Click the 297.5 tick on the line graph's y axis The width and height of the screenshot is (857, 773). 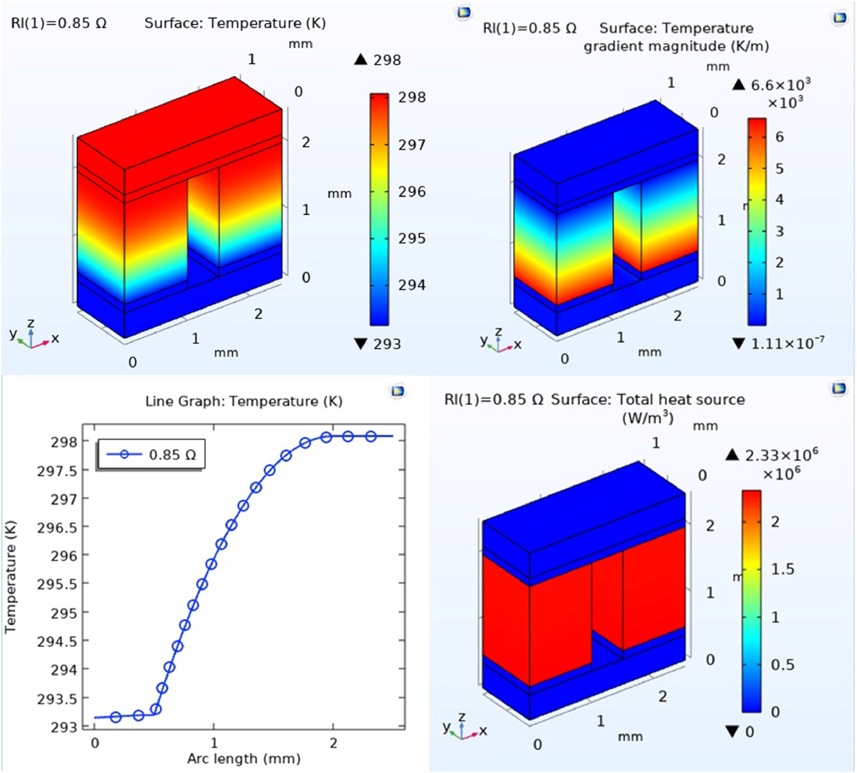pos(58,471)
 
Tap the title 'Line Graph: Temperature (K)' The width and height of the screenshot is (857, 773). pos(244,401)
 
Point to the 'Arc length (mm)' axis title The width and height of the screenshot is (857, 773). pos(244,758)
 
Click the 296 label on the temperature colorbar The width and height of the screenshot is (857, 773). pos(411,192)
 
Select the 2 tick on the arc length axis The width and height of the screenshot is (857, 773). pos(334,743)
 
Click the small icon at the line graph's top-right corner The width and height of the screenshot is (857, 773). pos(397,391)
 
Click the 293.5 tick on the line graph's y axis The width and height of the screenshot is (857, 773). pos(58,699)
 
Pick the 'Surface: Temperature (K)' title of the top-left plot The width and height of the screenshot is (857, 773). pos(235,23)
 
